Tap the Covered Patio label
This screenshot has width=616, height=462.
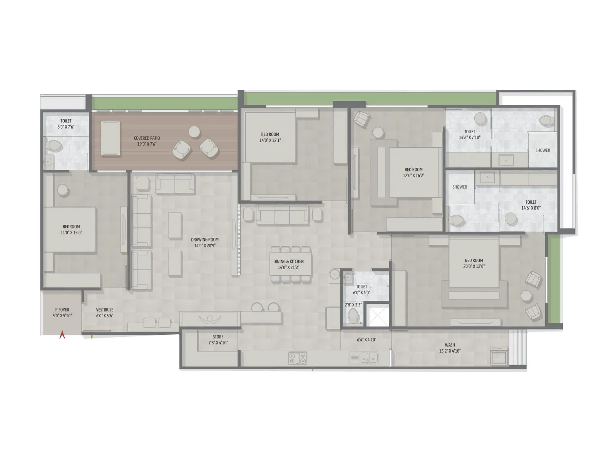click(x=147, y=138)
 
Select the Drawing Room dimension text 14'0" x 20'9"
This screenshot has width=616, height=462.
click(x=205, y=245)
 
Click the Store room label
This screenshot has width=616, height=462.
click(x=218, y=337)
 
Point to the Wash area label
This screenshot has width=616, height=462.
click(x=450, y=345)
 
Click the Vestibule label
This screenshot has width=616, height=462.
click(x=104, y=310)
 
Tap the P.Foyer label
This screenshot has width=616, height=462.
click(x=62, y=310)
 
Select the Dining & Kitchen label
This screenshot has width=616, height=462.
click(x=288, y=262)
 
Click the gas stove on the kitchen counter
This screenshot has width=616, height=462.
click(x=297, y=358)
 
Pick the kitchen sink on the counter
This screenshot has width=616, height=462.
click(x=363, y=358)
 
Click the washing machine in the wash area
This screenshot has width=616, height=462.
click(x=499, y=356)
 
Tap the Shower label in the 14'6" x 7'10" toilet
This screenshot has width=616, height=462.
click(x=542, y=151)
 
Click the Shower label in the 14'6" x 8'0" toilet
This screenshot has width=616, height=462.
click(x=460, y=187)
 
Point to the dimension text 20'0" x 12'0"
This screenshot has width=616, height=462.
click(x=474, y=266)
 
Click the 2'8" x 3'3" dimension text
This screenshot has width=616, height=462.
click(x=353, y=305)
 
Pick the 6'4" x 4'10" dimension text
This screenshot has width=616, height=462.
click(x=367, y=340)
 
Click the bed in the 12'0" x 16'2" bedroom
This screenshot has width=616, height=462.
click(x=414, y=172)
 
